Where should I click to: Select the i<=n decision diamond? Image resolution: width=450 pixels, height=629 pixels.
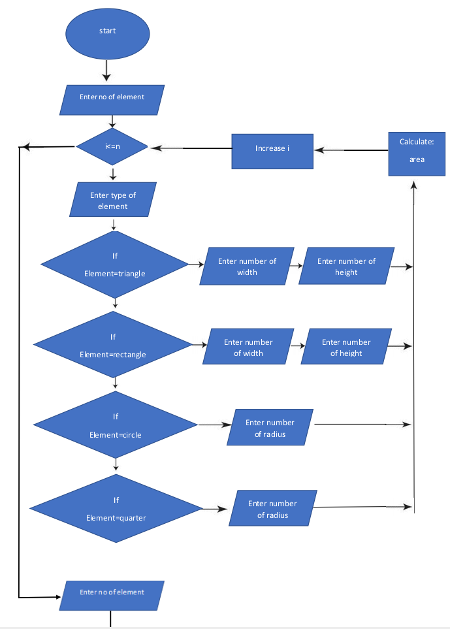pos(112,146)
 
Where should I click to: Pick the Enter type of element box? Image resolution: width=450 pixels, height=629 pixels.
pos(113,200)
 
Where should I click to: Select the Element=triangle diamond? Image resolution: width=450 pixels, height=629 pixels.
pos(115,265)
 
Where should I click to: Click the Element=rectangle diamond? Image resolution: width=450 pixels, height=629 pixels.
pos(113,346)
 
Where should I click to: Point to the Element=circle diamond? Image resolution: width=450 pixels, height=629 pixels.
pos(116,426)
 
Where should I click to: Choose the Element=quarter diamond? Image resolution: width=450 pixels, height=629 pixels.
pos(116,509)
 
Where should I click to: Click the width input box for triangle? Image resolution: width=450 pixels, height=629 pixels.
pos(247,266)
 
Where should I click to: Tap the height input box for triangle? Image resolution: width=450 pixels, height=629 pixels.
pos(346,266)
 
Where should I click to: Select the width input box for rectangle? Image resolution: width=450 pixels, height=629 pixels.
pos(248,347)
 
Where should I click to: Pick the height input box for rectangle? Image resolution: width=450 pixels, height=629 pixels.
pos(346,347)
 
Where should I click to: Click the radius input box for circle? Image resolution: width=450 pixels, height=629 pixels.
pos(270,428)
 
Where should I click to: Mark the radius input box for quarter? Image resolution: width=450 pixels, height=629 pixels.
pos(272,509)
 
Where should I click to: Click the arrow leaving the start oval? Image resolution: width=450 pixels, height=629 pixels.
pos(106,69)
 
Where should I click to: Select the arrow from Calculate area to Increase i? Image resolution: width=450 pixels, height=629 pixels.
pos(351,150)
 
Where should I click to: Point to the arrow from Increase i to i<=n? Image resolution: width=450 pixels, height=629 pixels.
pos(191,148)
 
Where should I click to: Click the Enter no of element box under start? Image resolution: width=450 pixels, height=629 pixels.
pos(112,98)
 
